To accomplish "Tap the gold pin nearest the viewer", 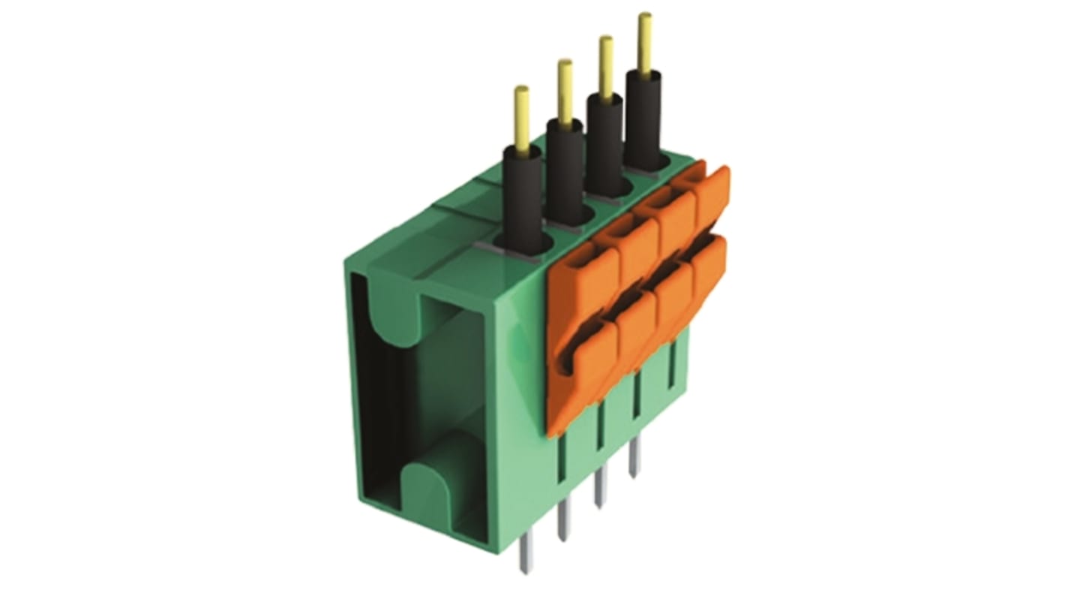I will [x=521, y=116].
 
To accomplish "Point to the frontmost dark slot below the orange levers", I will [x=562, y=458].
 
